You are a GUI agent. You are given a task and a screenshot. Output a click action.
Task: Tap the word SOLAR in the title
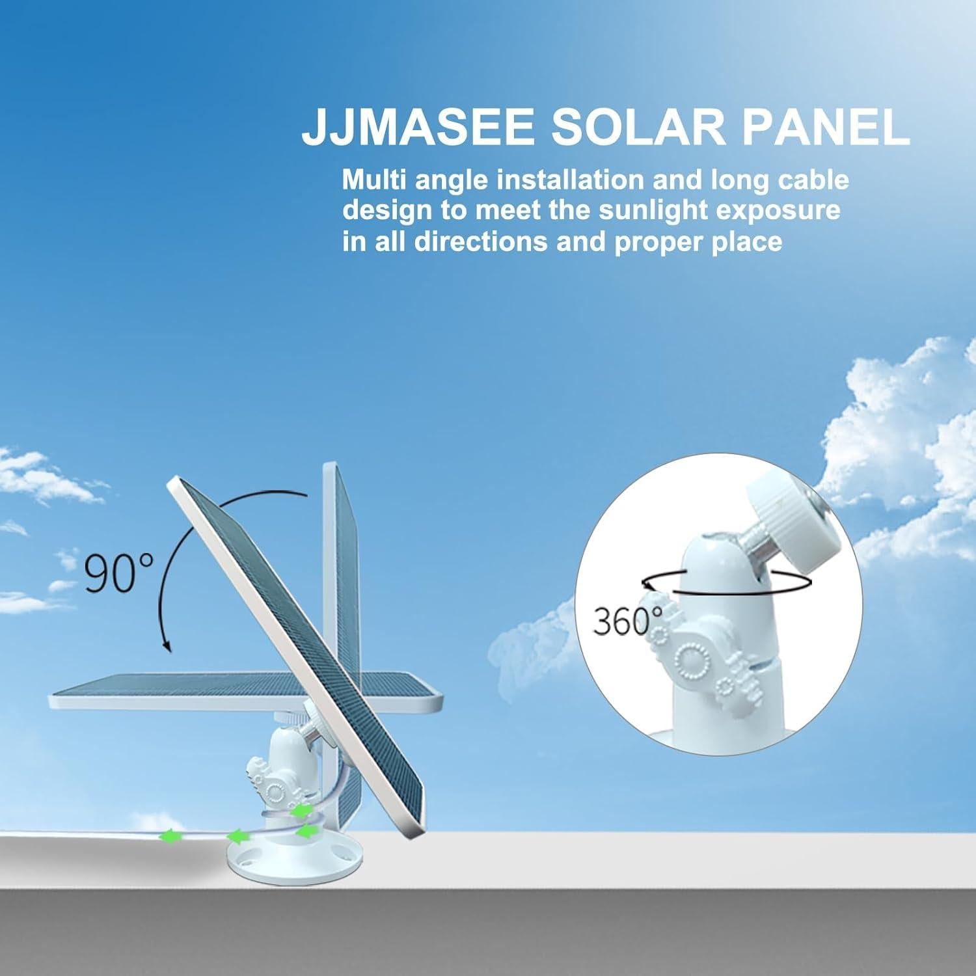[x=638, y=128]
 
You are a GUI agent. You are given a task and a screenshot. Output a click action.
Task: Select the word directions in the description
[x=481, y=241]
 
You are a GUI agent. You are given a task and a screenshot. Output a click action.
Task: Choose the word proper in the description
[x=660, y=243]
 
